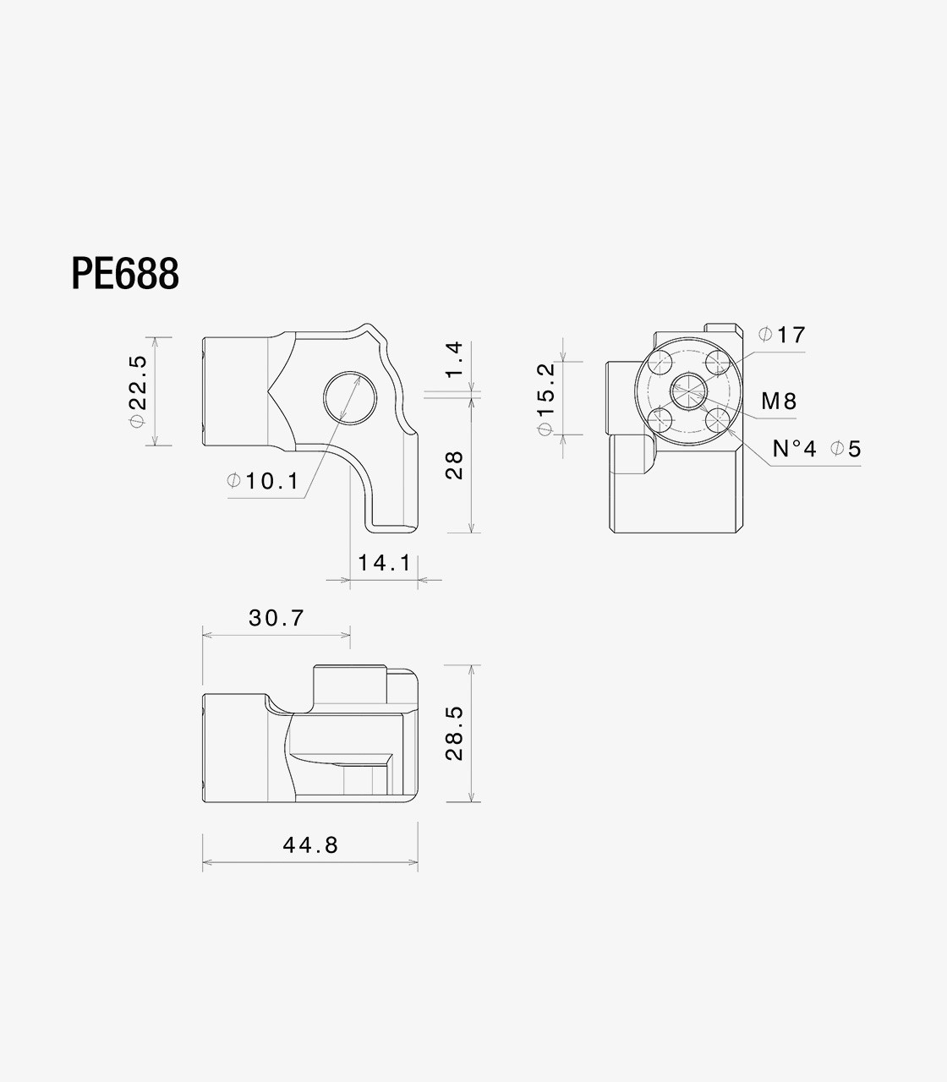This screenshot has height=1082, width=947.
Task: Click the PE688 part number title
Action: pos(125,273)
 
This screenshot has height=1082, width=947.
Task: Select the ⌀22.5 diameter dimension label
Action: pos(138,391)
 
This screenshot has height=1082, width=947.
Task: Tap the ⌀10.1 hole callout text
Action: pos(263,481)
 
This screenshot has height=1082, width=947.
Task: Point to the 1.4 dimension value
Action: pos(454,359)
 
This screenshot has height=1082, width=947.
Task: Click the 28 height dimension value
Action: pos(454,466)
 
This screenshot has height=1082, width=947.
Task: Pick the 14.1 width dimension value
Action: pos(385,563)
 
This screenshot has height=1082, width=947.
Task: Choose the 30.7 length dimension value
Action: pos(276,618)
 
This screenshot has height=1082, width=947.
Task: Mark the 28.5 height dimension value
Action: pos(454,733)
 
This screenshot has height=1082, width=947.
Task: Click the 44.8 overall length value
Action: pos(310,845)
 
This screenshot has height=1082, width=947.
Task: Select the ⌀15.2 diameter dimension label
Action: pos(546,399)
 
